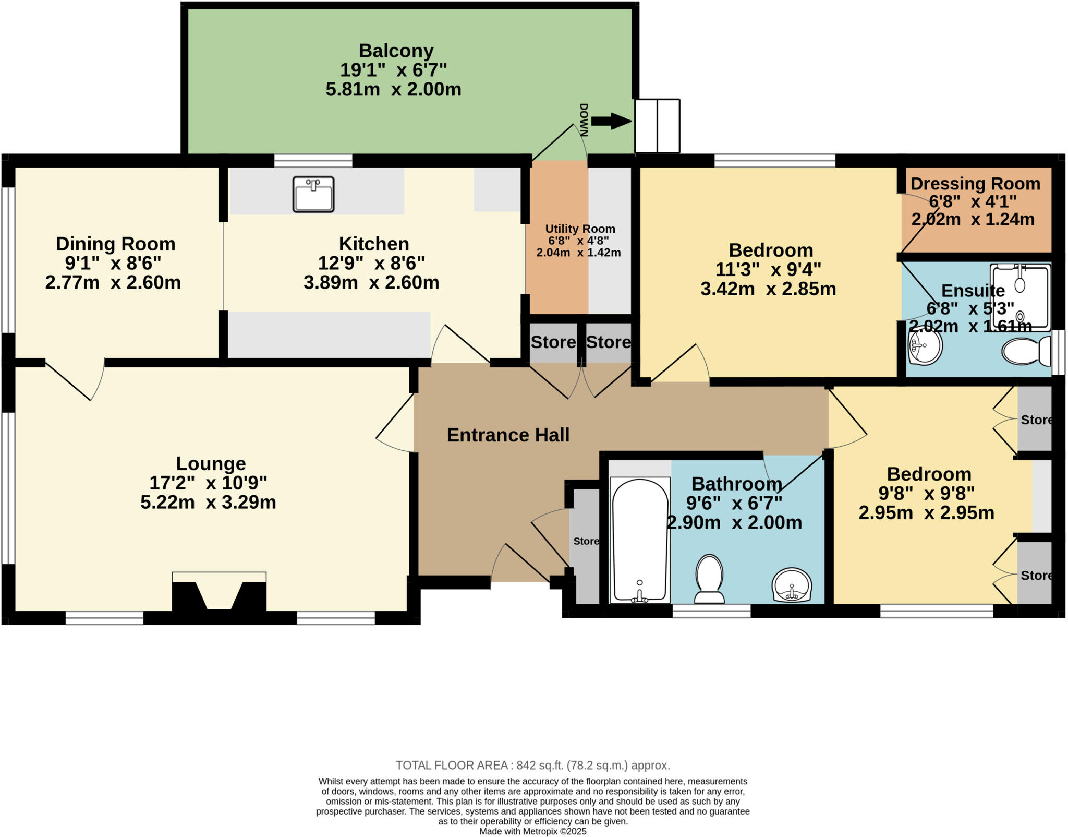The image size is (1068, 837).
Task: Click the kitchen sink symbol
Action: (313, 194)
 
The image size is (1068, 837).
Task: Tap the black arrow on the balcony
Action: (611, 122)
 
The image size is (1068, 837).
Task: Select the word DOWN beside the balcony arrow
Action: (584, 121)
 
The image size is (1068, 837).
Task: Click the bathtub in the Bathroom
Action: (640, 540)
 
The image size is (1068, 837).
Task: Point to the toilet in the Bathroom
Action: (709, 579)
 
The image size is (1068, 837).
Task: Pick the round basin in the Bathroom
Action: (792, 585)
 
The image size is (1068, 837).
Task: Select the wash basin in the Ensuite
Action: (925, 347)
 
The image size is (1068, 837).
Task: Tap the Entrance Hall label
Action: (508, 435)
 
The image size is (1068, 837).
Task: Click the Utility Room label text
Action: (580, 229)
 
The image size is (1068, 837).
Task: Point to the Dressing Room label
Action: (975, 184)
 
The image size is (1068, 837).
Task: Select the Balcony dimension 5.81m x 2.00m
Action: (393, 89)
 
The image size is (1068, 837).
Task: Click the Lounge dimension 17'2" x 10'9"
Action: (208, 483)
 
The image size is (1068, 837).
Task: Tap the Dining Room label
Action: (115, 244)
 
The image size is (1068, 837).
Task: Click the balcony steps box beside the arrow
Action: (657, 126)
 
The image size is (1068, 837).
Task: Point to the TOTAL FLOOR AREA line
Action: (532, 765)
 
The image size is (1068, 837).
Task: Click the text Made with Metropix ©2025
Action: (532, 831)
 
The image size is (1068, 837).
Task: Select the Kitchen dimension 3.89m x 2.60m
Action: (371, 282)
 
